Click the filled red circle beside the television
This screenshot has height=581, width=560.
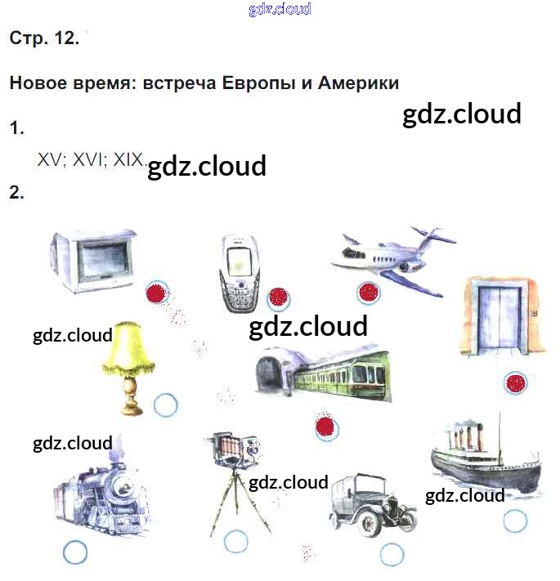(155, 293)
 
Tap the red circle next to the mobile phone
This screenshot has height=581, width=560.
(278, 297)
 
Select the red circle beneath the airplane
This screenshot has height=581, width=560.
(368, 292)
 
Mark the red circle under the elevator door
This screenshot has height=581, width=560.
(515, 382)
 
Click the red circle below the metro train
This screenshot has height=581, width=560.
(326, 426)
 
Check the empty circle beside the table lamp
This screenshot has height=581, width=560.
(165, 404)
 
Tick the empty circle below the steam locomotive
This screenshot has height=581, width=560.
(75, 552)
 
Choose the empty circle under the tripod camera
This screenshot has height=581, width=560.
(236, 541)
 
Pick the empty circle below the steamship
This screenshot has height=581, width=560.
(515, 521)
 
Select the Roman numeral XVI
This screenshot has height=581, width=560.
(90, 160)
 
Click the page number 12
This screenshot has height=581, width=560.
(65, 38)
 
